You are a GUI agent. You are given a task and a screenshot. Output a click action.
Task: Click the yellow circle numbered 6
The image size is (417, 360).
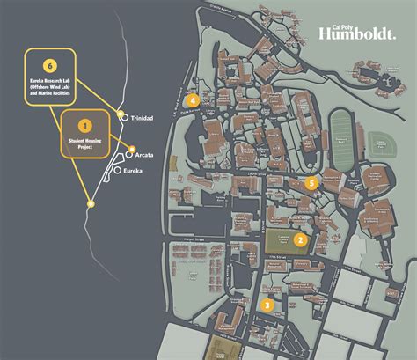point(50,64)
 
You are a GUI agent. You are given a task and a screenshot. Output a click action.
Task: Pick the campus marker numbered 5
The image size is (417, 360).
point(311,183)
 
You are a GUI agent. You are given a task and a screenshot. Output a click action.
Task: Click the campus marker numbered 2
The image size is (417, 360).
point(300,239)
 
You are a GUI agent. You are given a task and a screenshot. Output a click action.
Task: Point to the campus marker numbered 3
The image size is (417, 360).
point(267,305)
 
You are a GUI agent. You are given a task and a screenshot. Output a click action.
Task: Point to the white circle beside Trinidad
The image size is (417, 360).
point(124,116)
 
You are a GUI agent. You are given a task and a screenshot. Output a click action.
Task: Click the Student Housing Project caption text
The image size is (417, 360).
point(84,142)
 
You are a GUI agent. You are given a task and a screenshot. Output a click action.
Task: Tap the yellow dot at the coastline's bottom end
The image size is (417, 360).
point(90,203)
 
